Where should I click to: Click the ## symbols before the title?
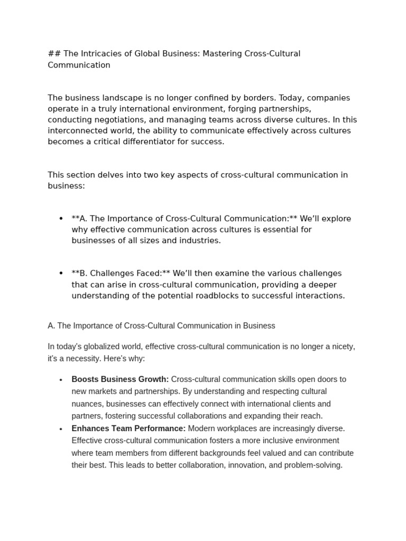pyautogui.click(x=54, y=54)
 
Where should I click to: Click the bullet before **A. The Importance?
pyautogui.click(x=61, y=219)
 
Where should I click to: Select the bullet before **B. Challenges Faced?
pyautogui.click(x=61, y=274)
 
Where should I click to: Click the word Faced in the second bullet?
pyautogui.click(x=148, y=274)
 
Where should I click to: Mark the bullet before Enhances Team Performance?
pyautogui.click(x=61, y=429)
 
